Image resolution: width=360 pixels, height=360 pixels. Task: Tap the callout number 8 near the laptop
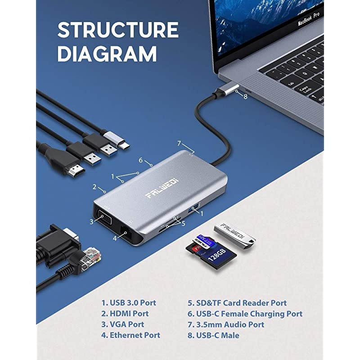245,96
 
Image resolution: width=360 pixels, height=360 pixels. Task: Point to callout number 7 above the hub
179,144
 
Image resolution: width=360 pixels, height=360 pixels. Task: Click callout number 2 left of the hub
94,186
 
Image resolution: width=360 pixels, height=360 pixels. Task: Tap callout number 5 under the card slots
183,223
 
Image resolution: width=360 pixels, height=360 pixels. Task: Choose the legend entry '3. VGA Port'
122,324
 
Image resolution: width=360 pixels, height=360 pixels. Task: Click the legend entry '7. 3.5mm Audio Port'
225,324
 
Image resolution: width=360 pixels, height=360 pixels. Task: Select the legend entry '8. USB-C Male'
213,335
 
